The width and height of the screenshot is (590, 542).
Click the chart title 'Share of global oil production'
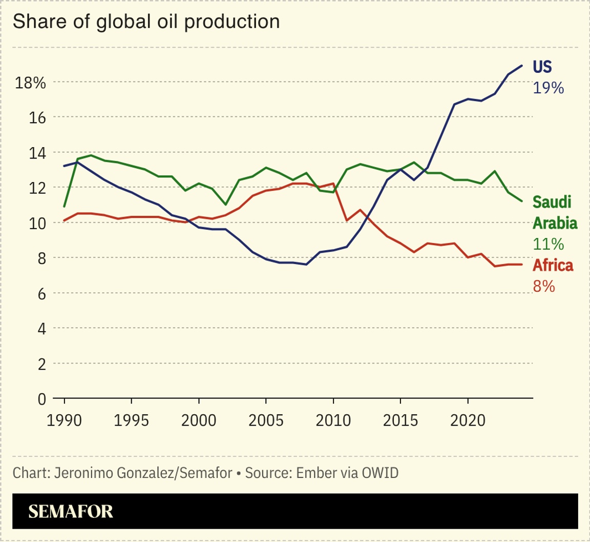click(146, 23)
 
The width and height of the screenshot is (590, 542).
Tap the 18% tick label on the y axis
click(31, 83)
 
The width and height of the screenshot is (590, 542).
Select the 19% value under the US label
click(548, 88)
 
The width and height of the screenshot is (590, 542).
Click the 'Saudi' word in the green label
click(552, 202)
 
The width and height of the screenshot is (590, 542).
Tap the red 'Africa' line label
click(553, 265)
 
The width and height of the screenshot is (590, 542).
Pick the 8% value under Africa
click(544, 286)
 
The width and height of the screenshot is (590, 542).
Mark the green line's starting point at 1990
click(65, 207)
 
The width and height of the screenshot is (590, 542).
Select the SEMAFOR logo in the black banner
click(71, 511)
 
